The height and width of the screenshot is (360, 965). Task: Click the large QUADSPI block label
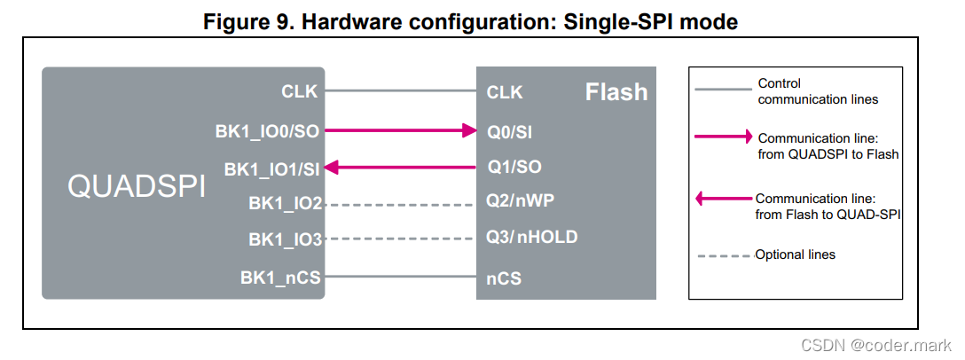pyautogui.click(x=137, y=188)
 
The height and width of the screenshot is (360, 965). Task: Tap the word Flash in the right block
pyautogui.click(x=616, y=92)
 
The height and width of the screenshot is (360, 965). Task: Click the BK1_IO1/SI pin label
pyautogui.click(x=271, y=168)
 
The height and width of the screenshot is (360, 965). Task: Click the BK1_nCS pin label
pyautogui.click(x=280, y=278)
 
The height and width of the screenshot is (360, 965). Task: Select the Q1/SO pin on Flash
pyautogui.click(x=514, y=167)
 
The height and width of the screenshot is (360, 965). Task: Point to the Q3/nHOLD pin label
pyautogui.click(x=531, y=237)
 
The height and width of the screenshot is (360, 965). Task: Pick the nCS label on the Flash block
pyautogui.click(x=503, y=278)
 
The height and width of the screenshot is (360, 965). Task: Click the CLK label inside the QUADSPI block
pyautogui.click(x=300, y=90)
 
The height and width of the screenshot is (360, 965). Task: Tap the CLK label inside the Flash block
pyautogui.click(x=505, y=92)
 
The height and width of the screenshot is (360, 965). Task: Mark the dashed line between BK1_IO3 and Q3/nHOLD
pyautogui.click(x=398, y=239)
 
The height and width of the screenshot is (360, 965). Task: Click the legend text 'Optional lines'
pyautogui.click(x=795, y=254)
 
